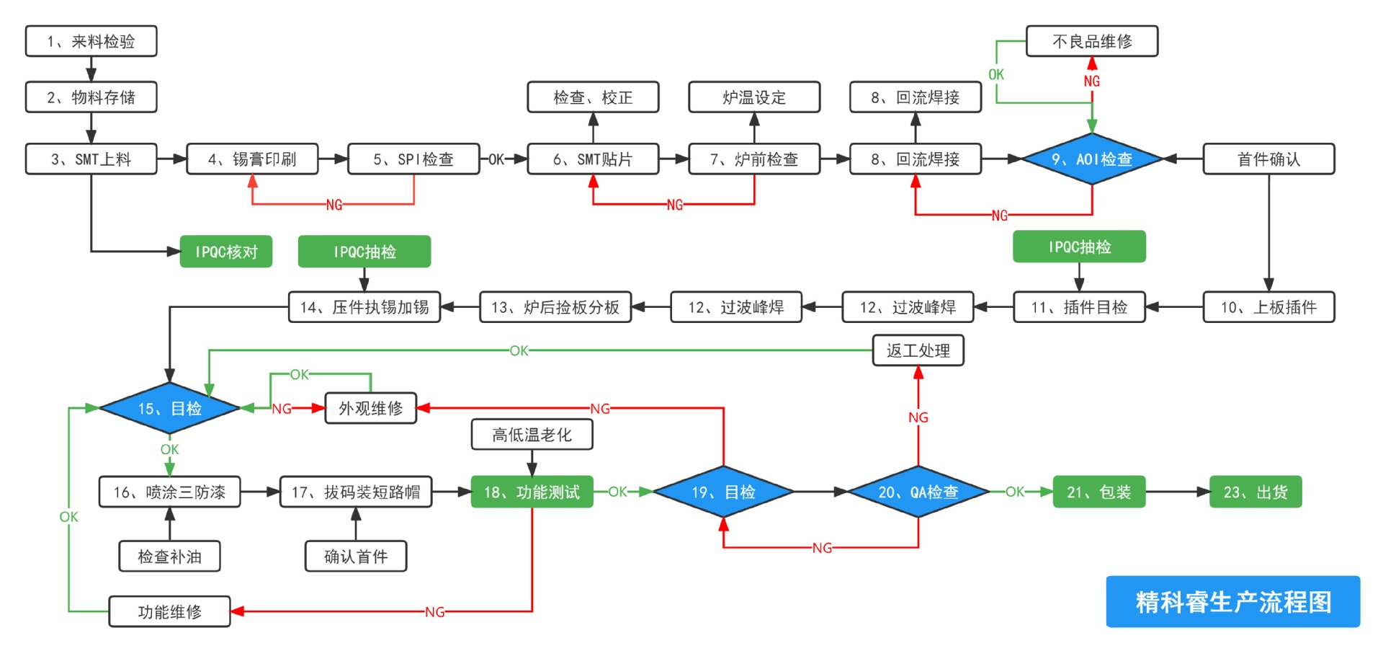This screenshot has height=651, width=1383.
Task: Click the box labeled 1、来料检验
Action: click(x=91, y=41)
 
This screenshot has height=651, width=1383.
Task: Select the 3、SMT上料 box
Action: click(x=91, y=159)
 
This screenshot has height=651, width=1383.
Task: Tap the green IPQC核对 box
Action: click(x=225, y=252)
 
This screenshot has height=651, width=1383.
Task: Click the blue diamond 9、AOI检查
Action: click(x=1092, y=159)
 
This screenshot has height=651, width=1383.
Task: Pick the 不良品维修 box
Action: click(x=1091, y=41)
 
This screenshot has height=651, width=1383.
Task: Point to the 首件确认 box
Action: click(x=1268, y=159)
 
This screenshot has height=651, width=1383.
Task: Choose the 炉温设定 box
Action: click(x=753, y=97)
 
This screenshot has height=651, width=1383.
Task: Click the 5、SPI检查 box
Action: click(x=413, y=159)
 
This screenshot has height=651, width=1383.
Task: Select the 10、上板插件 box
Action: click(x=1268, y=307)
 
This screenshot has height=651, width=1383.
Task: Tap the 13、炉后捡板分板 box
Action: click(x=555, y=307)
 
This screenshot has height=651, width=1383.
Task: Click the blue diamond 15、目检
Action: click(x=169, y=408)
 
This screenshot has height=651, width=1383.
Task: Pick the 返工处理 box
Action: click(x=918, y=350)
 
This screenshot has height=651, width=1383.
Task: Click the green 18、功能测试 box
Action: click(x=532, y=492)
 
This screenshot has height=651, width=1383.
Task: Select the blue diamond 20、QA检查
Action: click(x=918, y=492)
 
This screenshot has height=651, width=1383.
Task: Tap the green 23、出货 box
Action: click(x=1255, y=492)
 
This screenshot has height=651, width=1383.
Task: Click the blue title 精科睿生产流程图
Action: click(x=1232, y=601)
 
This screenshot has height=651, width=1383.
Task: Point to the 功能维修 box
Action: click(x=169, y=611)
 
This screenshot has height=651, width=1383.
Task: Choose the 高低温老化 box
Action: click(x=532, y=434)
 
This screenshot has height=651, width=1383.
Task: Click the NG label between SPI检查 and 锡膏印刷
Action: click(x=334, y=205)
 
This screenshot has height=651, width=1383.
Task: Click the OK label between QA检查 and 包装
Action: click(x=1014, y=492)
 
